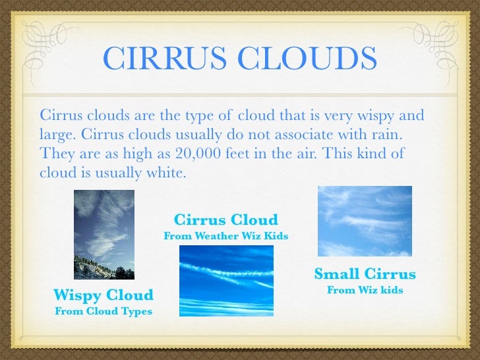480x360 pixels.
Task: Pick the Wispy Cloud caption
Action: click(103, 295)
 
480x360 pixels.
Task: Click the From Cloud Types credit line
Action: click(103, 311)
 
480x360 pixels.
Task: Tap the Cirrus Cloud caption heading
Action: click(225, 220)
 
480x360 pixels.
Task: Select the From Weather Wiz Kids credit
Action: click(225, 235)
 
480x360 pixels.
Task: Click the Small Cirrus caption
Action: click(365, 274)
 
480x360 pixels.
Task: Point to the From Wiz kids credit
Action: click(365, 290)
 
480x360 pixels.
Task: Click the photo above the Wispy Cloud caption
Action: click(104, 234)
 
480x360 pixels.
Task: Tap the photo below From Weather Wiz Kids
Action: click(225, 280)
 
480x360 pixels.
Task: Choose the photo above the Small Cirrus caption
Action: click(365, 221)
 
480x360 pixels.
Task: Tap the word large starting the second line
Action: click(56, 135)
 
